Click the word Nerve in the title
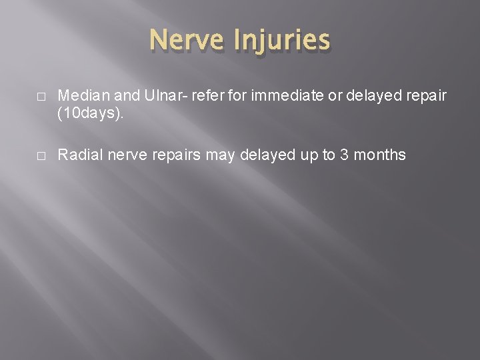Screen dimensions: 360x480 click(x=189, y=40)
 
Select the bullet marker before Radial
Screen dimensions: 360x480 click(x=41, y=156)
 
